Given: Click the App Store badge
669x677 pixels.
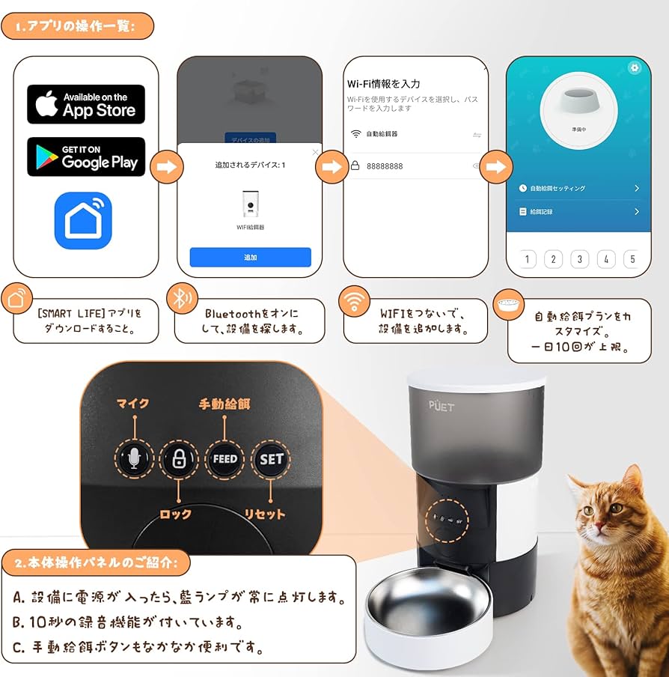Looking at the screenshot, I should tap(86, 104).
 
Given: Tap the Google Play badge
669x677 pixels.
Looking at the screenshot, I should tap(86, 157).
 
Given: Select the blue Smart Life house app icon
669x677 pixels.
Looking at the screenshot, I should tap(83, 221).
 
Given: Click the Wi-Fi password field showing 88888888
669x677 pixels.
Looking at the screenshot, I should tap(415, 166).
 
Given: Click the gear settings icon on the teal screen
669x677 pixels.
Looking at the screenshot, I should tap(635, 67).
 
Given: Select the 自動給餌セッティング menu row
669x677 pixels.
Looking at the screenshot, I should tap(578, 189).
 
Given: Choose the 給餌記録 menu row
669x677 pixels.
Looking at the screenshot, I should tap(578, 212).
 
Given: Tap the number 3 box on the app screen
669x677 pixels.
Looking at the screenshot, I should tap(579, 260).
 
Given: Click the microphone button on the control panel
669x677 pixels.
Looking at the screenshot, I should tap(134, 459).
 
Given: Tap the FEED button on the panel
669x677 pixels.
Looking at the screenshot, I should tap(224, 459).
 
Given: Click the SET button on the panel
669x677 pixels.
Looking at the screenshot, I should tap(270, 459).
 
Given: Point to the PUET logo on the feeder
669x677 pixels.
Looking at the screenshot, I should tap(442, 407).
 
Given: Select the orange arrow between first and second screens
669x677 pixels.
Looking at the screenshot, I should tap(167, 166).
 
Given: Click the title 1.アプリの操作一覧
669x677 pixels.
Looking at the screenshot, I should tap(77, 26).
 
